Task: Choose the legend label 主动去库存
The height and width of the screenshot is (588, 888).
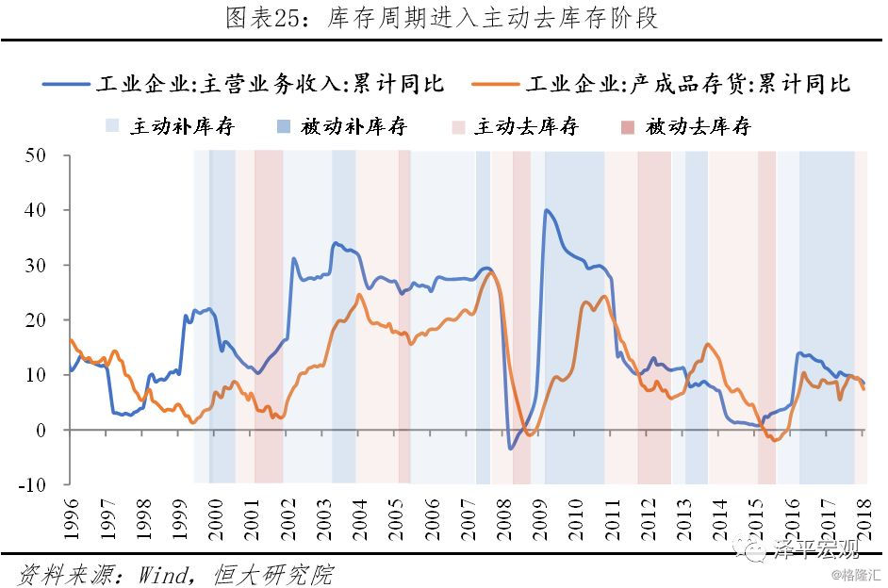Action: (x=527, y=126)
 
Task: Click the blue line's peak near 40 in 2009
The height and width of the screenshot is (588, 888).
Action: (x=546, y=210)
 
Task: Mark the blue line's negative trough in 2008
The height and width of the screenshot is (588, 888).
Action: (x=511, y=449)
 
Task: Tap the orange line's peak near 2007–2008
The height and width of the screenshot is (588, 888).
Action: (x=490, y=273)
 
